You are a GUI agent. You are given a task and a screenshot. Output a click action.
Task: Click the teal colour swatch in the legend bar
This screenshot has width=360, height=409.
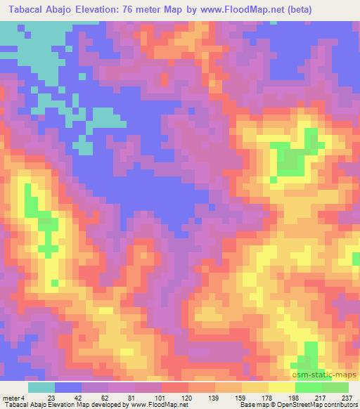tap(41, 387)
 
